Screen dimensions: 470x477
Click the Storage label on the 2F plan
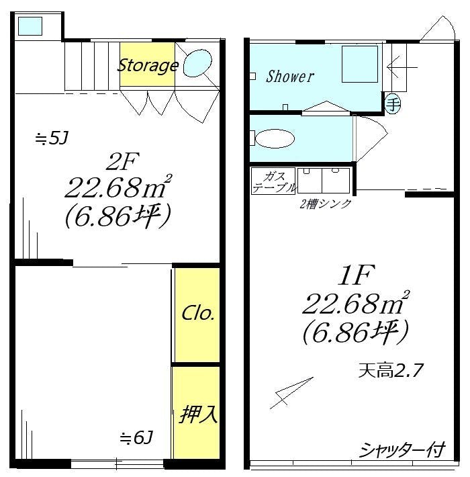(148, 65)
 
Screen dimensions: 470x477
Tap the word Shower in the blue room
(290, 77)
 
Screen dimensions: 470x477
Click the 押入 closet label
(199, 414)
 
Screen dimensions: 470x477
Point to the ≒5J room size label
(52, 138)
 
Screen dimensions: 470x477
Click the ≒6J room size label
(136, 438)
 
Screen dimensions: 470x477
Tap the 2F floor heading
(122, 162)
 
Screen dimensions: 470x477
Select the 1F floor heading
(355, 275)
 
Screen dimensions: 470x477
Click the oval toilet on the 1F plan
(275, 138)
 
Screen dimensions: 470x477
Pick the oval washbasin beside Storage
(197, 62)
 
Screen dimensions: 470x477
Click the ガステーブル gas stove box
(273, 181)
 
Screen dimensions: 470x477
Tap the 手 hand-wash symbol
(393, 104)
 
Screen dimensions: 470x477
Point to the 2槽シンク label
(326, 204)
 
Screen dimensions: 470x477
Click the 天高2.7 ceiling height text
(391, 371)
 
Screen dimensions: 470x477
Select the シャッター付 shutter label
(402, 450)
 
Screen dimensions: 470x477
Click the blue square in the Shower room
(360, 64)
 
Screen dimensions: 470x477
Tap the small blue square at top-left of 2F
(30, 26)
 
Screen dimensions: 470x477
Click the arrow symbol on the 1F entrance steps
(402, 67)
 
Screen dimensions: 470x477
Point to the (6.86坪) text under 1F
(355, 332)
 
